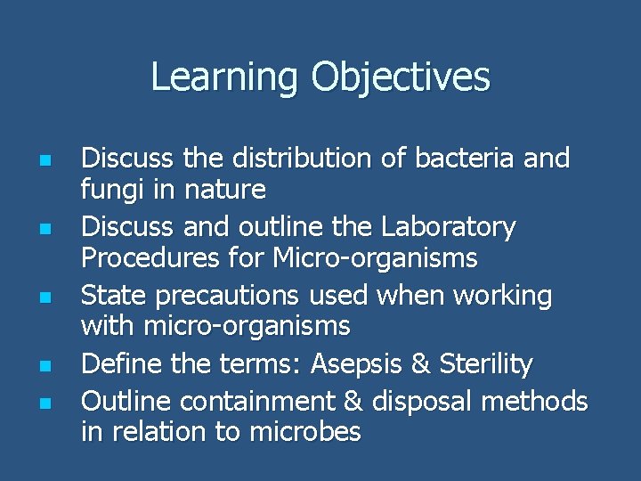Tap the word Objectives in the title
(x=401, y=77)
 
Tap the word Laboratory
(x=448, y=228)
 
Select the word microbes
(x=306, y=432)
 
